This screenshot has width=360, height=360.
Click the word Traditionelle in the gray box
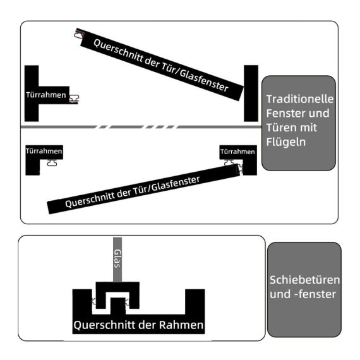pyautogui.click(x=299, y=99)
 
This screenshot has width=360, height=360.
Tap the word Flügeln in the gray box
pyautogui.click(x=286, y=142)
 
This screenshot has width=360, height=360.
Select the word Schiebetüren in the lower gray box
pyautogui.click(x=304, y=280)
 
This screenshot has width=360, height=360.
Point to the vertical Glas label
pyautogui.click(x=117, y=258)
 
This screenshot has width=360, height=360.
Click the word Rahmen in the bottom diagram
pyautogui.click(x=181, y=325)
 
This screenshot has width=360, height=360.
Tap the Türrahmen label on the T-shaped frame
pyautogui.click(x=46, y=95)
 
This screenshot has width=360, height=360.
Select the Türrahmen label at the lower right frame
pyautogui.click(x=237, y=152)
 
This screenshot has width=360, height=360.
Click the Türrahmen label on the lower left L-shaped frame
pyautogui.click(x=44, y=151)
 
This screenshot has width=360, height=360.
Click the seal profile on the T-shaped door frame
pyautogui.click(x=74, y=99)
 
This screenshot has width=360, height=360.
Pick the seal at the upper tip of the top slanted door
pyautogui.click(x=79, y=34)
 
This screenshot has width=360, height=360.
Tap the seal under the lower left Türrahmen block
pyautogui.click(x=52, y=162)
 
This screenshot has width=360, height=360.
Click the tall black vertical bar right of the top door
pyautogui.click(x=251, y=93)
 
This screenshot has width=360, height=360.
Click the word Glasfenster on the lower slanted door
pyautogui.click(x=176, y=184)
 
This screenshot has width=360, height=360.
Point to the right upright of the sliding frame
pyautogui.click(x=195, y=302)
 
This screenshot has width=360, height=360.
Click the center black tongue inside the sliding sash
pyautogui.click(x=118, y=306)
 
